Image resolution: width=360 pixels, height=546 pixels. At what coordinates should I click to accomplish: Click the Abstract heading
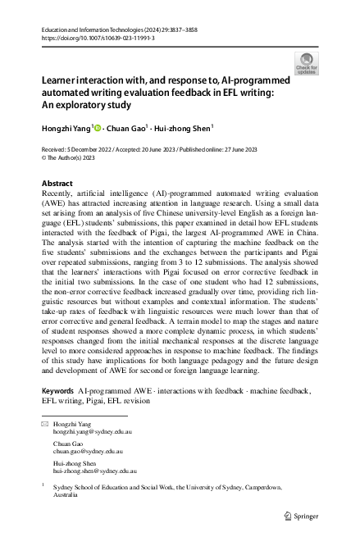tap(57, 183)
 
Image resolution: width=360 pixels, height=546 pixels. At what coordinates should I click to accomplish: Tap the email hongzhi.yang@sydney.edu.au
tap(92, 430)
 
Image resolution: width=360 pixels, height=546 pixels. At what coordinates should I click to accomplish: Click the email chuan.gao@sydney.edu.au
tap(87, 451)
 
